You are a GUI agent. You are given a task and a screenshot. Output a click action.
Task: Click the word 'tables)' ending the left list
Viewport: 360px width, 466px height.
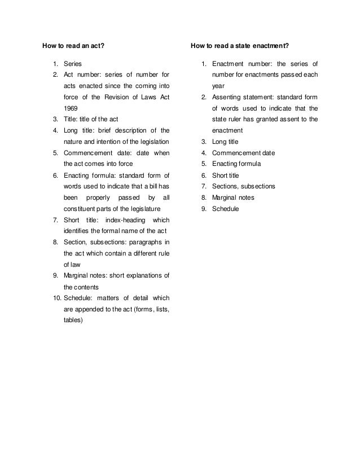pyautogui.click(x=73, y=320)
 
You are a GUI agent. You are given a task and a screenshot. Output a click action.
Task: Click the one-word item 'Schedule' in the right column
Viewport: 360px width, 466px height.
pyautogui.click(x=226, y=209)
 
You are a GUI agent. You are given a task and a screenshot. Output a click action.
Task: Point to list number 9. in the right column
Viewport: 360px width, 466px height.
pyautogui.click(x=204, y=209)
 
